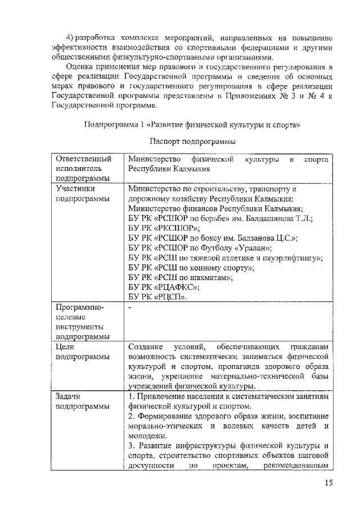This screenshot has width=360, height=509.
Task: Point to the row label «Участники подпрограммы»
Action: coord(83,194)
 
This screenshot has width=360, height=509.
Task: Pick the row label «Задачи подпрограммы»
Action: coord(83,402)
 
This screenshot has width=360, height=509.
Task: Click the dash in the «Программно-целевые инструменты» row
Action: coord(130,307)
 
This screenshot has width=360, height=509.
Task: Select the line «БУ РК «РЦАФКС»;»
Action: coord(165,287)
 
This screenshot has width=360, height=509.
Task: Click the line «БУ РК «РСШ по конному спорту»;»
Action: coord(191,267)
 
